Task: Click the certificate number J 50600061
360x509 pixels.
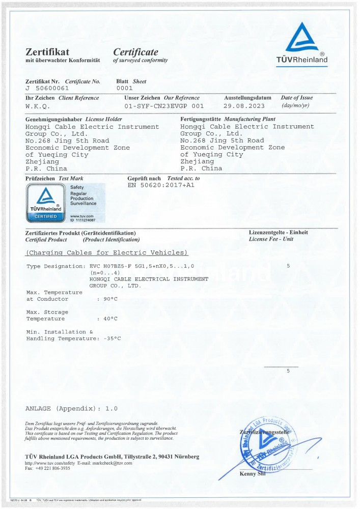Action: [45, 88]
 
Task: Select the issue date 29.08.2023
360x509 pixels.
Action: [244, 106]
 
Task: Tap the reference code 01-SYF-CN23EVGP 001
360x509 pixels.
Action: [164, 106]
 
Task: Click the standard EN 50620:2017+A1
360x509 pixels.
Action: [161, 185]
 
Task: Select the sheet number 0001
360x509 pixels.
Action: [124, 88]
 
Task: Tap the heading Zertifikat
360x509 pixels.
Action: [47, 52]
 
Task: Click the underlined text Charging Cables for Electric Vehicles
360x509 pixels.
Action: [107, 252]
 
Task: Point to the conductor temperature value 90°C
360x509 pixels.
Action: [110, 299]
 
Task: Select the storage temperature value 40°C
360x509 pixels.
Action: [110, 319]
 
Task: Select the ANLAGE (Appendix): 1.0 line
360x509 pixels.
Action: [71, 409]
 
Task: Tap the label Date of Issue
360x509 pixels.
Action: [297, 98]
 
